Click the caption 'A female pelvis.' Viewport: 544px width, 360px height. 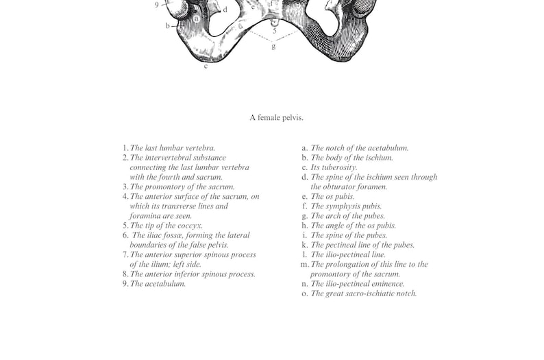[276, 118]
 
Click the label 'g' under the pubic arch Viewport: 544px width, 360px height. [273, 47]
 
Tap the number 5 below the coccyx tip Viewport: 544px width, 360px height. [275, 31]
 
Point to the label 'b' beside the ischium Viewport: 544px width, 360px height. [167, 26]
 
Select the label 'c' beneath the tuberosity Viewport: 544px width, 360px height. [206, 66]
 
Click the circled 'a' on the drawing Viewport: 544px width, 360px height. [197, 19]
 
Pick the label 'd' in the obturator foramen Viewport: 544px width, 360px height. [225, 10]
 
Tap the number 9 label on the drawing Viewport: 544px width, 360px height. [157, 5]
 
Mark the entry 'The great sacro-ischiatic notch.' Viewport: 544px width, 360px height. [364, 293]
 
